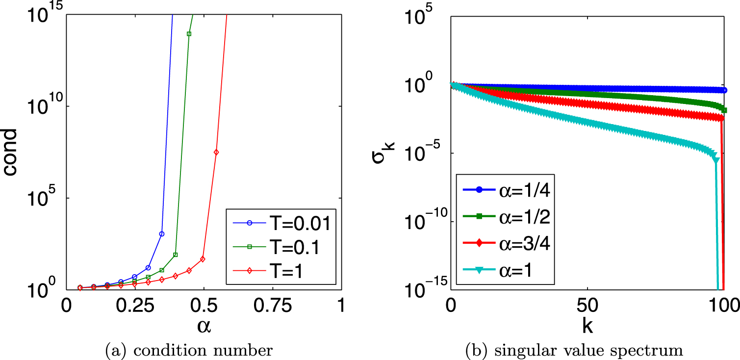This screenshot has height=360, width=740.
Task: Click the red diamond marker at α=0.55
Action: click(216, 153)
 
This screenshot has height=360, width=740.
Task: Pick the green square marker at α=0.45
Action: click(189, 34)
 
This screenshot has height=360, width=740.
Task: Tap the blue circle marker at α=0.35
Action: click(162, 234)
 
